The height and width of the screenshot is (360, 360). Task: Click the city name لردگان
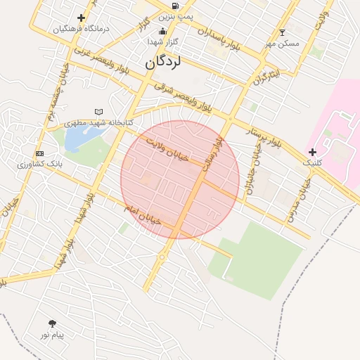pyautogui.click(x=163, y=62)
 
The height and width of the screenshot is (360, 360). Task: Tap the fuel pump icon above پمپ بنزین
pyautogui.click(x=174, y=5)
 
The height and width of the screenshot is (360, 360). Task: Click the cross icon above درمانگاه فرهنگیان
pyautogui.click(x=82, y=18)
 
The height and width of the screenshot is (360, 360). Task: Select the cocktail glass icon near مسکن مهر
pyautogui.click(x=283, y=32)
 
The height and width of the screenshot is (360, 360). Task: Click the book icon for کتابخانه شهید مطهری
pyautogui.click(x=98, y=112)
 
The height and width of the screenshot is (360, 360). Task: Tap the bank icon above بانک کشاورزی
pyautogui.click(x=39, y=153)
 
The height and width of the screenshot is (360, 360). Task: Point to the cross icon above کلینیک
pyautogui.click(x=312, y=152)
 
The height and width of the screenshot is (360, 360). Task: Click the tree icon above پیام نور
pyautogui.click(x=52, y=323)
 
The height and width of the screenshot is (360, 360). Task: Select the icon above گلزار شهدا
pyautogui.click(x=163, y=31)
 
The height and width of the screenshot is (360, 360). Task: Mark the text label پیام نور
pyautogui.click(x=51, y=335)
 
